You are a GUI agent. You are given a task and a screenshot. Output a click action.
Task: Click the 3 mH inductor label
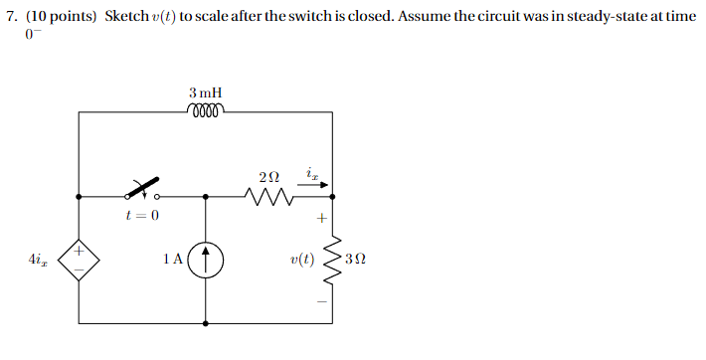(205, 92)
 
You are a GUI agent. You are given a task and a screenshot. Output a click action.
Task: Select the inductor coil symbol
(205, 110)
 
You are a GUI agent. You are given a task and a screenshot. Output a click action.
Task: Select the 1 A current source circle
(206, 261)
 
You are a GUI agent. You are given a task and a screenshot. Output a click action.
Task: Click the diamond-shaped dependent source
(79, 261)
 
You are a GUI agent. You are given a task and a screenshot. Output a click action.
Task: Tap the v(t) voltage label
(300, 261)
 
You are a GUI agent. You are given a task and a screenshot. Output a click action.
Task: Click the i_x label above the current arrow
(312, 175)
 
